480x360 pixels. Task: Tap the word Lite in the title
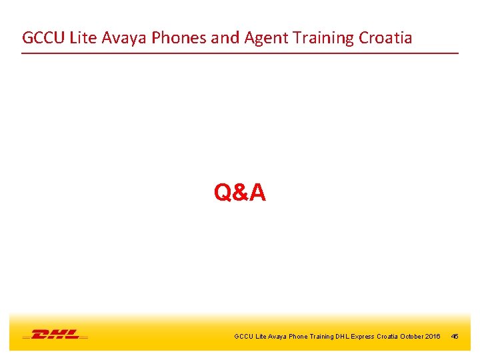point(85,37)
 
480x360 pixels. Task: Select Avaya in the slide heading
point(126,37)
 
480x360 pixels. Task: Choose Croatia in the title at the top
point(385,37)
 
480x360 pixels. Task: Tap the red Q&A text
point(240,193)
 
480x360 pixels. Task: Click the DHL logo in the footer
point(55,334)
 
